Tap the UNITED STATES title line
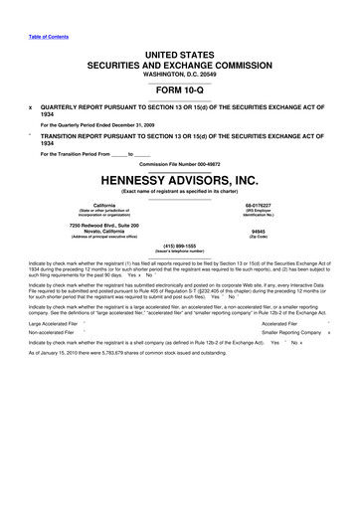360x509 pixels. (x=180, y=49)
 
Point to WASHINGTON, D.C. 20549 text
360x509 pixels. (x=180, y=72)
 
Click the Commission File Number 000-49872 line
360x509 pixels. (x=180, y=164)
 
